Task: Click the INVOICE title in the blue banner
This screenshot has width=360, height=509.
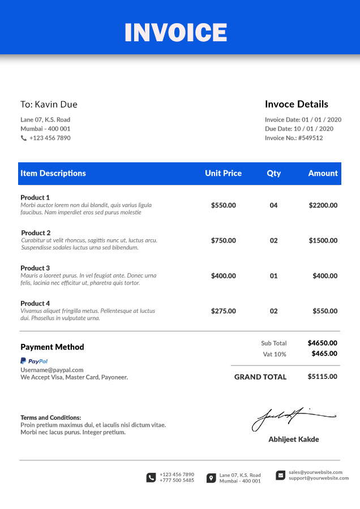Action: pos(175,33)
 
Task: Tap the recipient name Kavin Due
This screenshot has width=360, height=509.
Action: pos(56,105)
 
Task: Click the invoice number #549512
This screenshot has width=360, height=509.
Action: pos(310,138)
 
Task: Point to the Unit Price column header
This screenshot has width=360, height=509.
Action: pos(223,174)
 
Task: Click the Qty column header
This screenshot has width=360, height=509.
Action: pos(273,174)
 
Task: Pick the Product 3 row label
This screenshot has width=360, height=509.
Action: pos(35,268)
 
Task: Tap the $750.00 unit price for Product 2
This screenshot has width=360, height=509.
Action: pos(223,240)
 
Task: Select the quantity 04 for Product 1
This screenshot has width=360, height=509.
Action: pos(273,205)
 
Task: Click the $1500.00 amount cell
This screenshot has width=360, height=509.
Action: pos(323,240)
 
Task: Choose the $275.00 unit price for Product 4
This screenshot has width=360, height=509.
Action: pos(223,311)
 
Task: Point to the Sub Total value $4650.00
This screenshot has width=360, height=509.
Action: pos(322,343)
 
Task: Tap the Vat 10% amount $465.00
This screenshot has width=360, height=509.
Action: pos(324,353)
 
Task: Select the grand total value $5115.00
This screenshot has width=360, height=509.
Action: pos(322,377)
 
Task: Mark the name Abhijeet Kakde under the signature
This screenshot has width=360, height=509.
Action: pos(293,439)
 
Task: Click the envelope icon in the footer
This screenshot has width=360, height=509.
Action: pos(281,475)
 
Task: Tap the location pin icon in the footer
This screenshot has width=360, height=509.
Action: pos(211,478)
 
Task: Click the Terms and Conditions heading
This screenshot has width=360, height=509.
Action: pos(50,417)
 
